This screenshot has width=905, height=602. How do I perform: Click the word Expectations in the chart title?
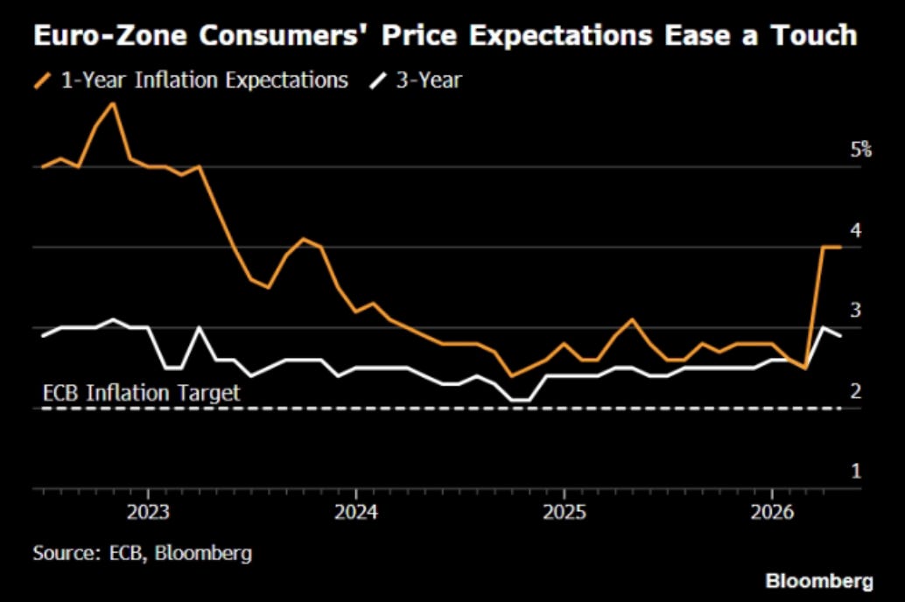[560, 37]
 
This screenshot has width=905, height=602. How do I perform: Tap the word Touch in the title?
[814, 35]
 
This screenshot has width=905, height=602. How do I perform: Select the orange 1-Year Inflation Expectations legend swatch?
[43, 80]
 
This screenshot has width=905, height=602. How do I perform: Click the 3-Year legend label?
[429, 80]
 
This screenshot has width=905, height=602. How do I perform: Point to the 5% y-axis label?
[860, 150]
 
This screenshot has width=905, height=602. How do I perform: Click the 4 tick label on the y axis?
[856, 230]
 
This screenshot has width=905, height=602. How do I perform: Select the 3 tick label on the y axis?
[856, 311]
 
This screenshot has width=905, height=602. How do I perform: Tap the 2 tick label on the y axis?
[856, 391]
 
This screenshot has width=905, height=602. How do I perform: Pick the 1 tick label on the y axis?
[856, 471]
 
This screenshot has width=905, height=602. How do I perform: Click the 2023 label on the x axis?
[148, 512]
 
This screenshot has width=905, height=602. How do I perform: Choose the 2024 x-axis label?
[356, 512]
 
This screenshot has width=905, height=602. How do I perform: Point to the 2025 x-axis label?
[564, 512]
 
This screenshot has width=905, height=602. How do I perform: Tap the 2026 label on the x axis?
[772, 512]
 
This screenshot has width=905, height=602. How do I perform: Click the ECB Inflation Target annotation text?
[142, 393]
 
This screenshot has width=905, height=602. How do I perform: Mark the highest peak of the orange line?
[113, 104]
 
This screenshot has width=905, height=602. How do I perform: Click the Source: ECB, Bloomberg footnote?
[143, 553]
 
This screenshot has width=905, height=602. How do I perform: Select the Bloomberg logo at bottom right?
[819, 581]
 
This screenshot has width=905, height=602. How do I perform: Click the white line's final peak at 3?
[823, 328]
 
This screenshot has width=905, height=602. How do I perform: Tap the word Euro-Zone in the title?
[110, 36]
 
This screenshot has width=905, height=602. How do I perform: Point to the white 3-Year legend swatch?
[378, 80]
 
